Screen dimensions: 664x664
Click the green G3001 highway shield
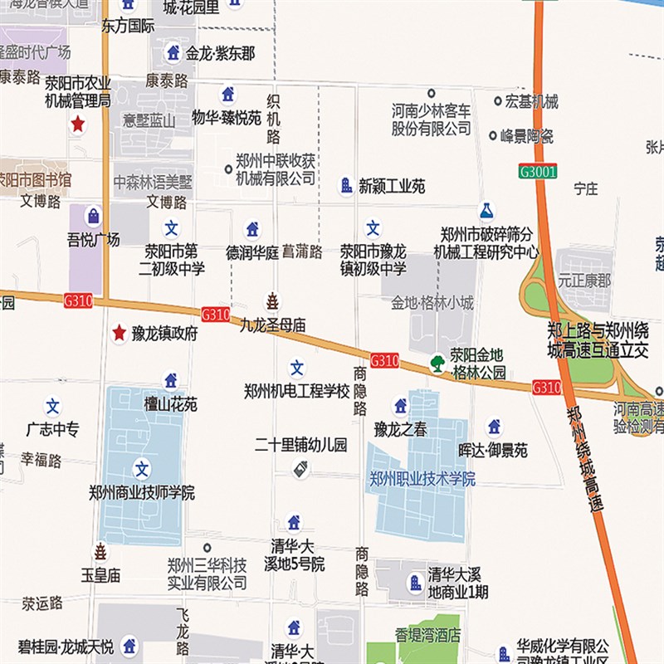point(537,172)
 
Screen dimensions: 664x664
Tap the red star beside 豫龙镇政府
point(120,333)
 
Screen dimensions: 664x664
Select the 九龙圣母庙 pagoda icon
point(272,300)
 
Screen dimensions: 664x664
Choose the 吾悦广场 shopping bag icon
point(93,217)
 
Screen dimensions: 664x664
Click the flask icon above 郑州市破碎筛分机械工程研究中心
point(486,212)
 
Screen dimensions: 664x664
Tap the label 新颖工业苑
point(392,187)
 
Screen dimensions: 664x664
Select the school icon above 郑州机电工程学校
point(297,368)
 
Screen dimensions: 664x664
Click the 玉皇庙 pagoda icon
point(100,552)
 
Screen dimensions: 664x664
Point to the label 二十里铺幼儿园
point(300,445)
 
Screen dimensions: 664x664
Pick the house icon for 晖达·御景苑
point(494,426)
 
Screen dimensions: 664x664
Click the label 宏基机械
point(532,102)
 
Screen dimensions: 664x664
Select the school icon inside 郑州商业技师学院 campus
point(142,469)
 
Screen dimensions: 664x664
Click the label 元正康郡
point(583,281)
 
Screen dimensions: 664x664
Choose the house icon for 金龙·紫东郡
point(173,52)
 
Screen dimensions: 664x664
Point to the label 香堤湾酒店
point(427,636)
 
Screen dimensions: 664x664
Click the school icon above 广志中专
point(53,407)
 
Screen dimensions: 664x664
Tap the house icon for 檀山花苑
point(171,381)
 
